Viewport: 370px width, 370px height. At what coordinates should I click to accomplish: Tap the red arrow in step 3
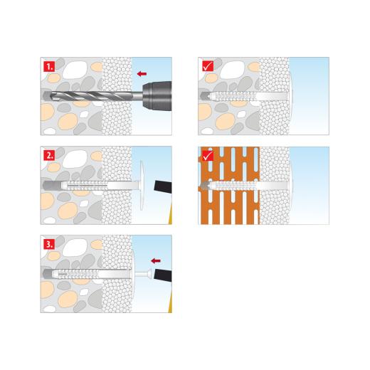(x=157, y=261)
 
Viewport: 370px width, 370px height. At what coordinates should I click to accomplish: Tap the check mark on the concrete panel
(x=207, y=67)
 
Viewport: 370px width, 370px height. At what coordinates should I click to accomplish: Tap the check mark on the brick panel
(x=207, y=155)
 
